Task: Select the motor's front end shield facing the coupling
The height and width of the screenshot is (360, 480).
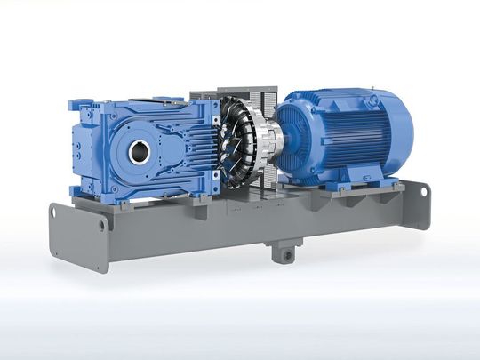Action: coord(293,133)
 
